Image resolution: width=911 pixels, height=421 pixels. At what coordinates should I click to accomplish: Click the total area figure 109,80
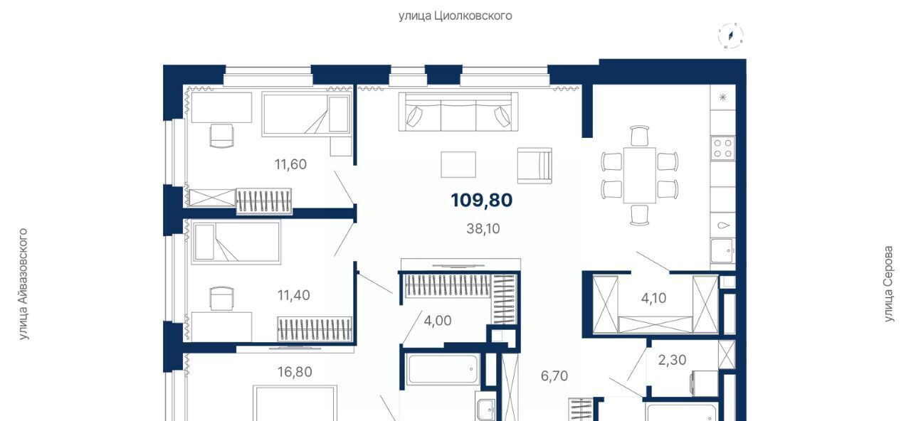[x=482, y=201]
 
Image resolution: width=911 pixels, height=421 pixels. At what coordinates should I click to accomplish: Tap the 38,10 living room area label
[x=483, y=229]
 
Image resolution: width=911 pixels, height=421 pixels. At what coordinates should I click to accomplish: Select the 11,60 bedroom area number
[x=290, y=164]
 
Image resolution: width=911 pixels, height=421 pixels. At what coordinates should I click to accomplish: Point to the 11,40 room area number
[x=294, y=295]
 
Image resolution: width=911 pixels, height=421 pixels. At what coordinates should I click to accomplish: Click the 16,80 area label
[x=295, y=372]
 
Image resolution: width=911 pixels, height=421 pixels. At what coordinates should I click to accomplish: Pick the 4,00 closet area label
[x=438, y=321]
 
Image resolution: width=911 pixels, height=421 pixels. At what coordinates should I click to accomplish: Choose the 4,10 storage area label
[x=653, y=298]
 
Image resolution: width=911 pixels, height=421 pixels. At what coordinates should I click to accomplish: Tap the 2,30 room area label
[x=673, y=360]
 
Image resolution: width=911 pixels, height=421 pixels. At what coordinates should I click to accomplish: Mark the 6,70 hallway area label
[x=554, y=376]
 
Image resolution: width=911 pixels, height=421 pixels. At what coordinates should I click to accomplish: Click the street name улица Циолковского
[x=455, y=16]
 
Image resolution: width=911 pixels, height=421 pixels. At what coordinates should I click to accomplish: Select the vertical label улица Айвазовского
[x=23, y=284]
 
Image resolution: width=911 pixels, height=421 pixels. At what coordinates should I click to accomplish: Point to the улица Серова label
[x=889, y=284]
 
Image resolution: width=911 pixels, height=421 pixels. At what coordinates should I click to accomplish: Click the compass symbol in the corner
[x=731, y=36]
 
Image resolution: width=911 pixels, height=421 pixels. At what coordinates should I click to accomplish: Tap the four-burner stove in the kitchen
[x=722, y=149]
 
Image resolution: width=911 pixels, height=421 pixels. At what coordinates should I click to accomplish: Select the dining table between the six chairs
[x=639, y=175]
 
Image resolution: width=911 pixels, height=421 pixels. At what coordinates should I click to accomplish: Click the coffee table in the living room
[x=458, y=164]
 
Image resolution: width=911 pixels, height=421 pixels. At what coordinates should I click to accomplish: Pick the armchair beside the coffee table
[x=535, y=166]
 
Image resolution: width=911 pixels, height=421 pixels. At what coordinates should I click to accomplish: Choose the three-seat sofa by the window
[x=458, y=112]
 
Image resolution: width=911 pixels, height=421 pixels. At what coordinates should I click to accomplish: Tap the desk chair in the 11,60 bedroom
[x=221, y=136]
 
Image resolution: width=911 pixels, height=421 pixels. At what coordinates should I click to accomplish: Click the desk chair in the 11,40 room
[x=221, y=299]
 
